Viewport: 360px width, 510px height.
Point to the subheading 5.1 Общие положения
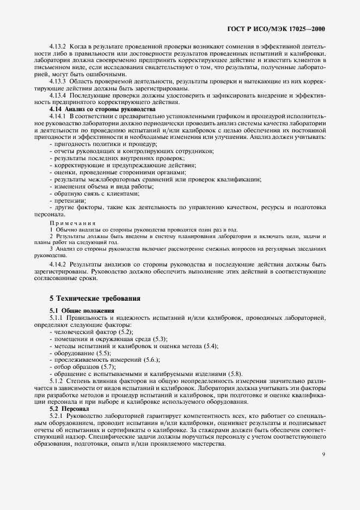(82, 310)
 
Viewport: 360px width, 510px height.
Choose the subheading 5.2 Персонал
(72, 409)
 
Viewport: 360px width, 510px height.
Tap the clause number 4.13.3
(59, 81)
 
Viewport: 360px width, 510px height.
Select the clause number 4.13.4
(59, 95)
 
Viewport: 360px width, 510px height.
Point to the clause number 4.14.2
(59, 264)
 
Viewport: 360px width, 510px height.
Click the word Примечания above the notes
(72, 223)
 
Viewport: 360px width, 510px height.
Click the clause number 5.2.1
(58, 416)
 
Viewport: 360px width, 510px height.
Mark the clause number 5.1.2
(58, 381)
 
